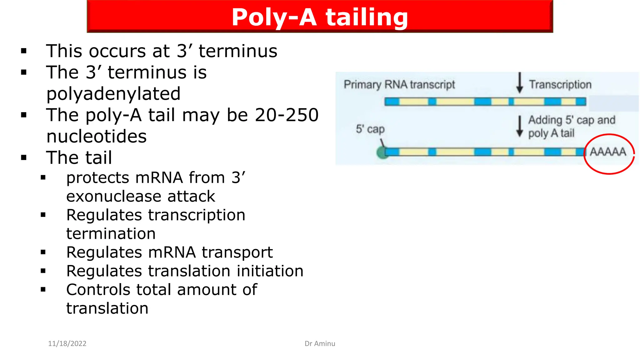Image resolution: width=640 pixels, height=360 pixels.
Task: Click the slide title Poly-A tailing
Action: (320, 17)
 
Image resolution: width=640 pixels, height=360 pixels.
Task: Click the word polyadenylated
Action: (113, 94)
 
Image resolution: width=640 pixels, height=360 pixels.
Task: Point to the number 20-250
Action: (287, 115)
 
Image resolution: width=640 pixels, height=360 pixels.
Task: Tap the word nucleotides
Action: (97, 137)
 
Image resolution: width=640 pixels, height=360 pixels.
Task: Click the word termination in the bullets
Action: (111, 234)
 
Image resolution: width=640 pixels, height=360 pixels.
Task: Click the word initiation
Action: (270, 271)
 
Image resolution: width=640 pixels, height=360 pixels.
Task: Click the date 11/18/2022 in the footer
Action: (67, 343)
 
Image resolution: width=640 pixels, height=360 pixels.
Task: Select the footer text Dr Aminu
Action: (320, 343)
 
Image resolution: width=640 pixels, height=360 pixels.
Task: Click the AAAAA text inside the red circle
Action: (608, 152)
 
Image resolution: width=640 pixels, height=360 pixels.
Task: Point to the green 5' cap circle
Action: (382, 153)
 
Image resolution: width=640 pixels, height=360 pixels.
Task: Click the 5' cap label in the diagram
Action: (370, 129)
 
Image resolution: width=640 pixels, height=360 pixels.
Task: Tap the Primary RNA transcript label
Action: (399, 85)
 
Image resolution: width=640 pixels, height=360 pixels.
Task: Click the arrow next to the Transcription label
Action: (520, 83)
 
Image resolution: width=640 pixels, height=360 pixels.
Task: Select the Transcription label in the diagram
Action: (560, 85)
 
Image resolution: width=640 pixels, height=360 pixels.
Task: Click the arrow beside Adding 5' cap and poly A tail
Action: (520, 126)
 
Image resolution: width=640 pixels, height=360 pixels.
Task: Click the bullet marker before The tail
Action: (24, 157)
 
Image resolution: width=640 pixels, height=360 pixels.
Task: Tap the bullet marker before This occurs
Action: (24, 51)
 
